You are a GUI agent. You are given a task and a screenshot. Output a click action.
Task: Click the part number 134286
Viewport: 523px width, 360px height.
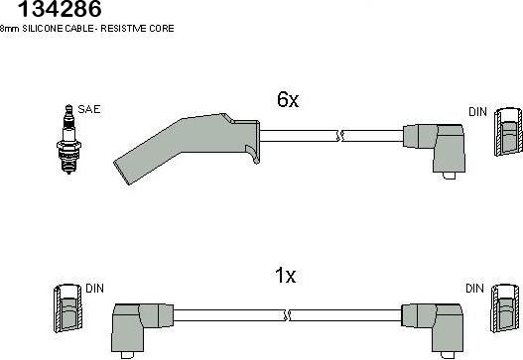pos(60,9)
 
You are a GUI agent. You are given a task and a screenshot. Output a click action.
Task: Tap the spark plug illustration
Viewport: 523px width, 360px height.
pos(68,139)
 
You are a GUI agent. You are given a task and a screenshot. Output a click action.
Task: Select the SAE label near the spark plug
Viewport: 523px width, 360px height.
pos(89,109)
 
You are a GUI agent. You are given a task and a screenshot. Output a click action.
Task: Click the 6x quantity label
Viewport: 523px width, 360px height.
pos(288,99)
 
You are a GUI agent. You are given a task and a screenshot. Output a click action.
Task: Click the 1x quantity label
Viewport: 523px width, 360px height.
pos(285,276)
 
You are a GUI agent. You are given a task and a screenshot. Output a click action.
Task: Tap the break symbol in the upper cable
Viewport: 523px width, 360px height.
pos(339,136)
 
